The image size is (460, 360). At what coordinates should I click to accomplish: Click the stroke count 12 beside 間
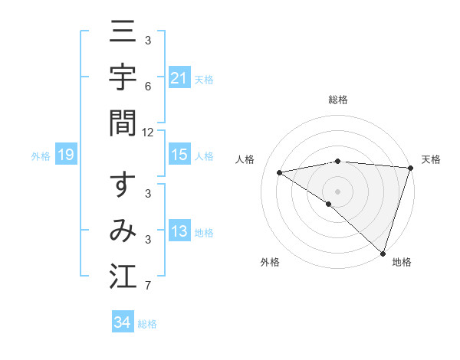tap(148, 133)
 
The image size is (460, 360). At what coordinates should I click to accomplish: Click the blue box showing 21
tap(179, 78)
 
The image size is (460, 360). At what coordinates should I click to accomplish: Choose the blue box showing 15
tap(179, 155)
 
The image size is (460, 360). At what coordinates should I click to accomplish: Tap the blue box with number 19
tap(66, 155)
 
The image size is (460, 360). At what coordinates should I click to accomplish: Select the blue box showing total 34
tap(122, 322)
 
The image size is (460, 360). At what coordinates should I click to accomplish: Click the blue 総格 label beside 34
tap(147, 324)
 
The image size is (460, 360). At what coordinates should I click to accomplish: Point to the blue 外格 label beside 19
tap(41, 156)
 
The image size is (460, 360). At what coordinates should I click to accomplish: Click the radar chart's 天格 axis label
tap(431, 159)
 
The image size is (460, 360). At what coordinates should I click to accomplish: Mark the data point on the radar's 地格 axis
tap(383, 253)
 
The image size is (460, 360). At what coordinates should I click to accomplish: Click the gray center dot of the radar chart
tap(337, 191)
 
